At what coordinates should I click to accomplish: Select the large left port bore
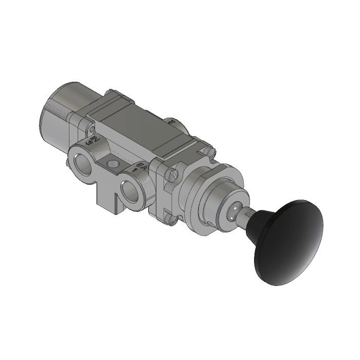(x=83, y=164)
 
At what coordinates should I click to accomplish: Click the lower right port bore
(x=131, y=191)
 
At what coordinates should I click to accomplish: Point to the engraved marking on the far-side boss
(x=172, y=122)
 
